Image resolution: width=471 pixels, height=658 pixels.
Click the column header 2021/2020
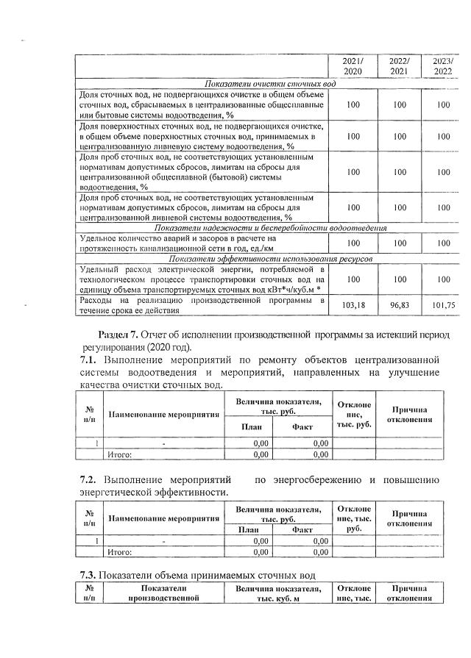353,66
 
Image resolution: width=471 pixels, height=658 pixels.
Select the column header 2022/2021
399,66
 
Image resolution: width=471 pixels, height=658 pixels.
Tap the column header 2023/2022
442,66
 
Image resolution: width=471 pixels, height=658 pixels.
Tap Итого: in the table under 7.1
120,455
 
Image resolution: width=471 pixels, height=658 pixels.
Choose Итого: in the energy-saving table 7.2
120,551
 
